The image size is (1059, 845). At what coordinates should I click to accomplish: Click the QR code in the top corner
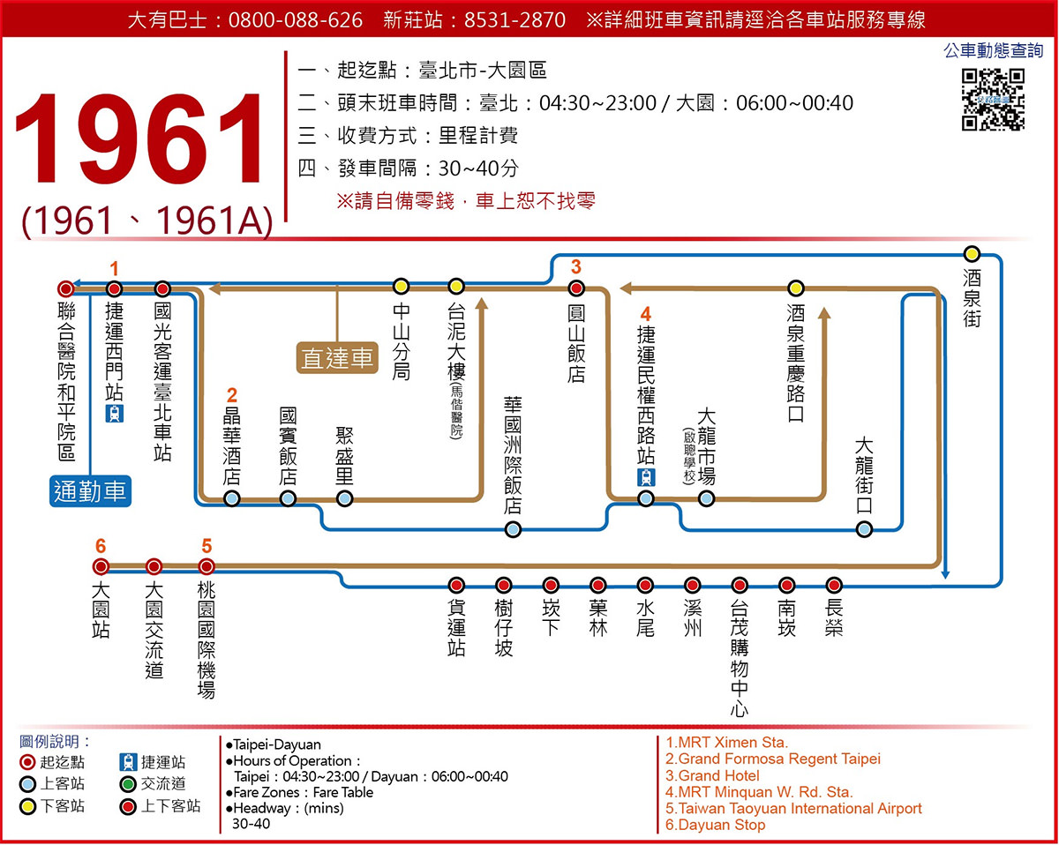(993, 99)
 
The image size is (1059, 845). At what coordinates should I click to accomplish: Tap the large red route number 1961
(141, 141)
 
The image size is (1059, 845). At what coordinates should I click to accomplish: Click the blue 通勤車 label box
(91, 490)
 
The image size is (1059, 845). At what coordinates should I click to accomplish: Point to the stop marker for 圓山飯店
(576, 288)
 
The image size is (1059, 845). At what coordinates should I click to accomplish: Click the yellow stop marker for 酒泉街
(972, 254)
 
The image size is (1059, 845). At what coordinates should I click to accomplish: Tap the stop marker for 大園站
(101, 566)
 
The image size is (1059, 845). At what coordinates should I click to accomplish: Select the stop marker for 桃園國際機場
(207, 566)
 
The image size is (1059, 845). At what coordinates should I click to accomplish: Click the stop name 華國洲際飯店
(513, 454)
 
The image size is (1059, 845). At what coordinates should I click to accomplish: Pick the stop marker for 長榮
(834, 585)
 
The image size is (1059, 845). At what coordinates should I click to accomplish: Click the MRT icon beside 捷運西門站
(114, 414)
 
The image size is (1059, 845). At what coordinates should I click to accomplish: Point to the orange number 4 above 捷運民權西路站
(646, 314)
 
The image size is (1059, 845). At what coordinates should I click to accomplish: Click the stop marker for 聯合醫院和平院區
(65, 288)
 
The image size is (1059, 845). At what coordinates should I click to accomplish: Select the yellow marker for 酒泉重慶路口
(796, 288)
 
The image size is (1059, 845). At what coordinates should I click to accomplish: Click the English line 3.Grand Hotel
(712, 775)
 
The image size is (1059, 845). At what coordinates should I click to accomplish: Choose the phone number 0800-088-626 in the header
(295, 19)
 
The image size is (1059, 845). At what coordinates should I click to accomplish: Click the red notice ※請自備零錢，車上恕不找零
(465, 201)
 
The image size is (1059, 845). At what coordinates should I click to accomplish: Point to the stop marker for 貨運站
(456, 585)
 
